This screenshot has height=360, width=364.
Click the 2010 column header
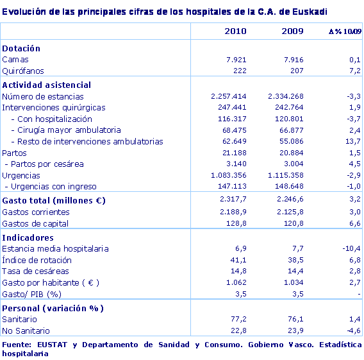click(x=235, y=31)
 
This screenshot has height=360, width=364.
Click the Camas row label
click(x=15, y=60)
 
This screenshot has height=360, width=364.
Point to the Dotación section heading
click(x=21, y=48)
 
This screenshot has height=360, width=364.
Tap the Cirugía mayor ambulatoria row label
click(x=69, y=130)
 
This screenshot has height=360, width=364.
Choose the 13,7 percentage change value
click(x=354, y=142)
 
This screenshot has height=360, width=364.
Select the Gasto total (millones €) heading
click(x=54, y=200)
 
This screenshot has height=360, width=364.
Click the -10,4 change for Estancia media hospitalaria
click(x=352, y=248)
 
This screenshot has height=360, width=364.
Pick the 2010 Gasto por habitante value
click(x=236, y=282)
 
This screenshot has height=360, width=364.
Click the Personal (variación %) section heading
click(x=53, y=308)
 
